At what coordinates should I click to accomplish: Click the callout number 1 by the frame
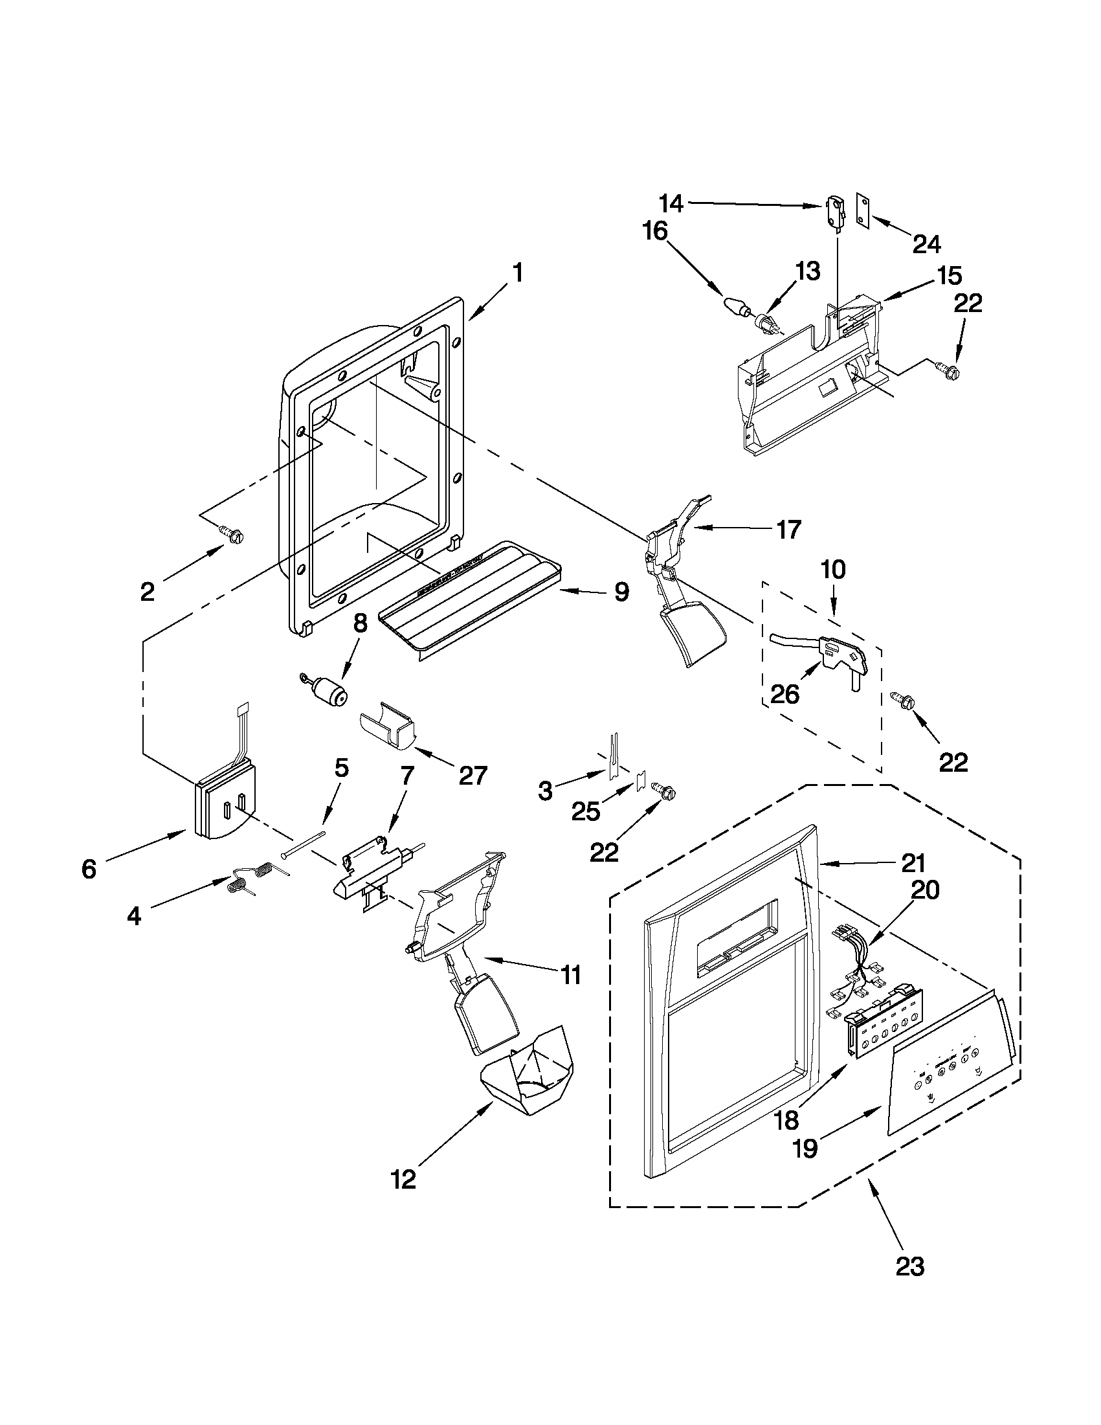[x=517, y=273]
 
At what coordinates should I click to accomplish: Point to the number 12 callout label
[x=404, y=1179]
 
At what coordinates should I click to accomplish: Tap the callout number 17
[x=788, y=530]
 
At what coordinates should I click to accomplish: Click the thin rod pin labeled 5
[x=304, y=846]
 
